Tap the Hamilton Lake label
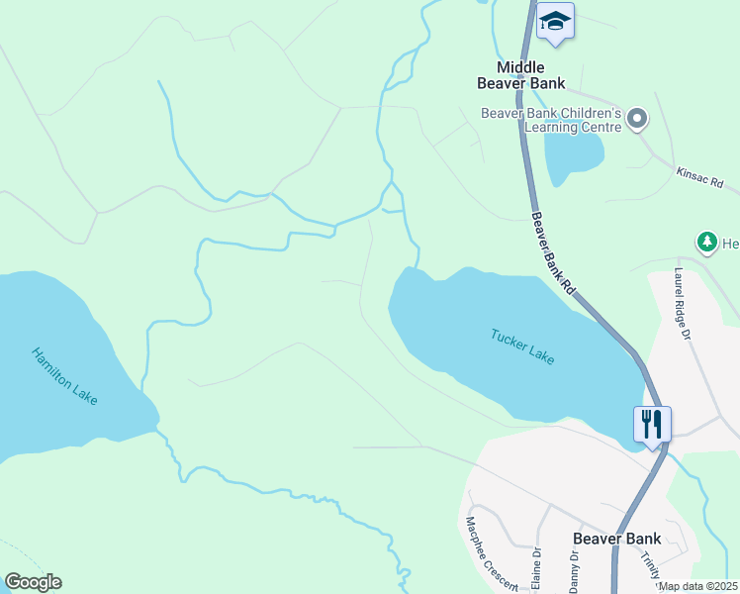tap(64, 375)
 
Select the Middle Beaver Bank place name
tap(530, 75)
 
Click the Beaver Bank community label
tap(616, 539)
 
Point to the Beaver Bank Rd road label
tap(552, 253)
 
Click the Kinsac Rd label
tap(700, 178)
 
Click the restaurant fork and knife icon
tap(653, 424)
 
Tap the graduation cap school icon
tap(555, 21)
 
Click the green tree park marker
tap(706, 242)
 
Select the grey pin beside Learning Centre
tap(637, 120)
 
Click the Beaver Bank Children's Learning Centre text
tap(551, 120)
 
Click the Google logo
tap(33, 582)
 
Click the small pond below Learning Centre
tap(572, 153)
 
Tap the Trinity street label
tap(650, 566)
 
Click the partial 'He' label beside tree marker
tap(731, 243)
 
